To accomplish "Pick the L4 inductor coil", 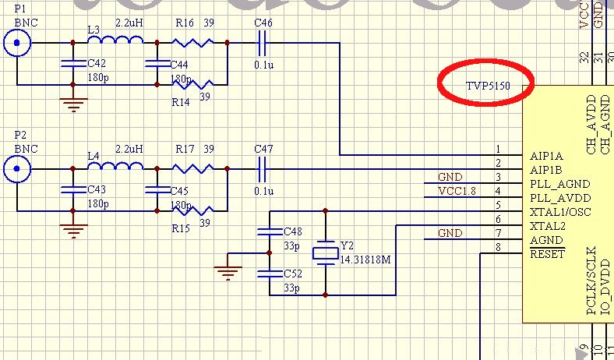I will point(115,165).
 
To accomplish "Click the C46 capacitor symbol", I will point(263,43).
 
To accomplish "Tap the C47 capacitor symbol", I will point(263,168).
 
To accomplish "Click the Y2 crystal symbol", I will point(326,252).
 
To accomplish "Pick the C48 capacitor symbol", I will point(269,231).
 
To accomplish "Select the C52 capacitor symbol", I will point(269,274).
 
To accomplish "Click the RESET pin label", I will point(547,254).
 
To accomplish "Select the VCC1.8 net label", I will point(456,191).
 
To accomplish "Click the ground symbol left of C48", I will point(228,271).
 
